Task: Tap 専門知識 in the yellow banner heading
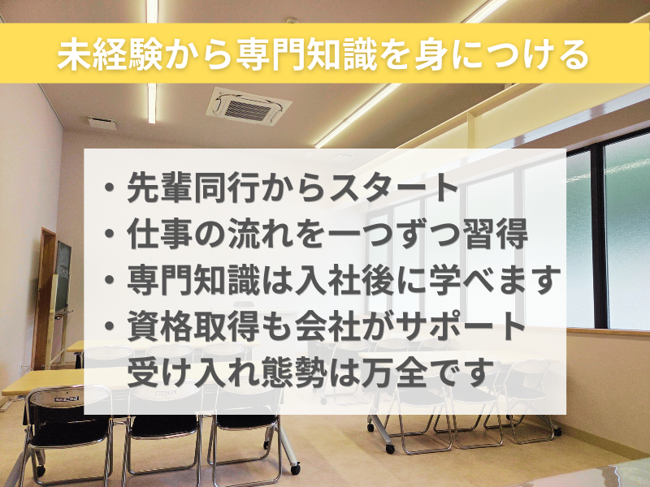pyautogui.click(x=306, y=54)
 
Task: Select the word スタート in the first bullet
pyautogui.click(x=390, y=187)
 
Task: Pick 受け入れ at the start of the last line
pyautogui.click(x=193, y=372)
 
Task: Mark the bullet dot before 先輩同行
pyautogui.click(x=110, y=187)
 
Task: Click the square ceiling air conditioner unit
pyautogui.click(x=249, y=106)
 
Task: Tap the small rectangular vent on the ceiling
pyautogui.click(x=102, y=123)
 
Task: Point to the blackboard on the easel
pyautogui.click(x=63, y=276)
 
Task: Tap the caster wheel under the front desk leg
pyautogui.click(x=296, y=469)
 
